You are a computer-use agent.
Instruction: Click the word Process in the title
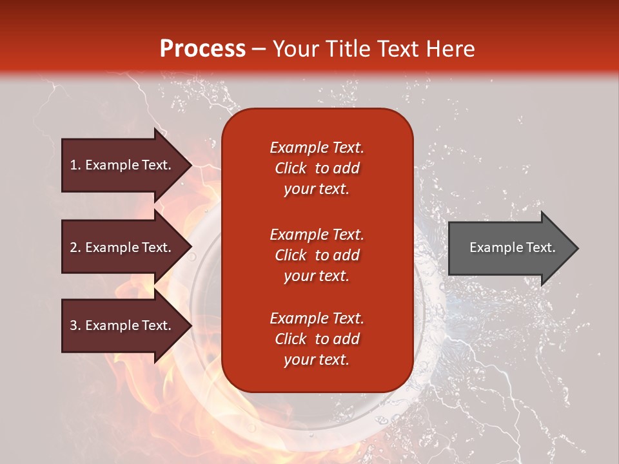pyautogui.click(x=202, y=49)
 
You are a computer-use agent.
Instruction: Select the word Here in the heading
pyautogui.click(x=450, y=49)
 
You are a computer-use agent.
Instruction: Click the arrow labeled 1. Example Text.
pyautogui.click(x=126, y=165)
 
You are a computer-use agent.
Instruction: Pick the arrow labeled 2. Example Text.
pyautogui.click(x=126, y=247)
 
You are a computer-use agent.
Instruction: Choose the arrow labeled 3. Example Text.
pyautogui.click(x=126, y=325)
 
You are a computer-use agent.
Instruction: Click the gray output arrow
pyautogui.click(x=513, y=247)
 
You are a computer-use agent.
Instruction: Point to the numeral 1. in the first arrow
pyautogui.click(x=75, y=165)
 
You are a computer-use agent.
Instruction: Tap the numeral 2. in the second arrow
pyautogui.click(x=75, y=247)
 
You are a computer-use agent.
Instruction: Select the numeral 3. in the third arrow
pyautogui.click(x=75, y=325)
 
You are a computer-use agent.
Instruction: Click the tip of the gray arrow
pyautogui.click(x=579, y=248)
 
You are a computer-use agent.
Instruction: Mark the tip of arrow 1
pyautogui.click(x=192, y=165)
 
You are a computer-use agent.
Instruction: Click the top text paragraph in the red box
pyautogui.click(x=317, y=168)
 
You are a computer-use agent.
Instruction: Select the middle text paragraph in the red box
pyautogui.click(x=317, y=255)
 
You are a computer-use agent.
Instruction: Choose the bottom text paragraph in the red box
pyautogui.click(x=317, y=339)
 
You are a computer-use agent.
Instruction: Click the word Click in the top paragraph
pyautogui.click(x=291, y=168)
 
